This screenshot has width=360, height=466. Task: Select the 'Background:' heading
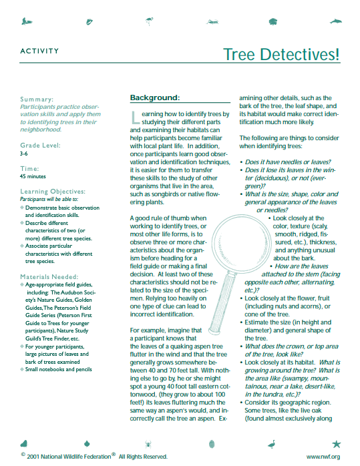click(x=154, y=98)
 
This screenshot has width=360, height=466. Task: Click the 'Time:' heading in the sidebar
click(x=30, y=169)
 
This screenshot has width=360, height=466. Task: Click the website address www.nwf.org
click(x=323, y=457)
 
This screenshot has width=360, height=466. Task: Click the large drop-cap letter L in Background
click(x=137, y=118)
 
